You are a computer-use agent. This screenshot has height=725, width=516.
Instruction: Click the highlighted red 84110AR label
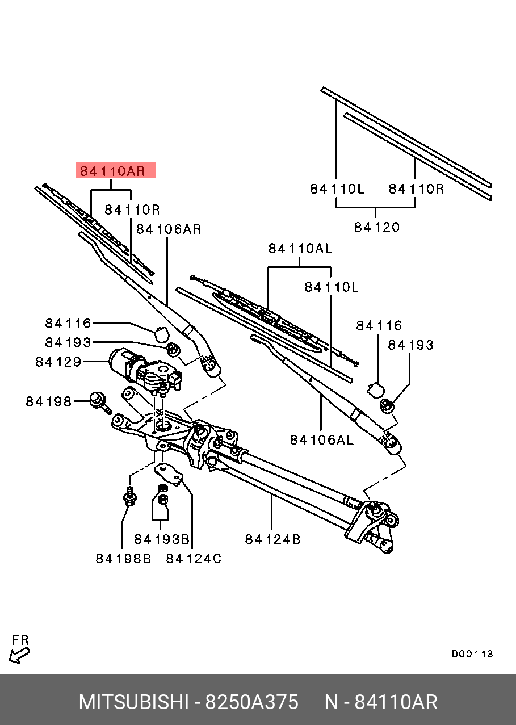click(115, 170)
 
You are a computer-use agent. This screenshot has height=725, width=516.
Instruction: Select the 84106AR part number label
click(169, 229)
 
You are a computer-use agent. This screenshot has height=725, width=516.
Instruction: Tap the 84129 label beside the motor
click(58, 362)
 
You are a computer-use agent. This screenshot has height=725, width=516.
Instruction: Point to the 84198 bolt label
click(49, 401)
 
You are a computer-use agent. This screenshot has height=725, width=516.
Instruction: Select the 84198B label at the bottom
click(123, 559)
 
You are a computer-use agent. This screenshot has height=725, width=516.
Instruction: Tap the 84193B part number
click(161, 539)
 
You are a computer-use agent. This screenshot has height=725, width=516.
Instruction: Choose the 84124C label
click(194, 559)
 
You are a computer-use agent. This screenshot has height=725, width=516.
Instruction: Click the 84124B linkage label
click(272, 539)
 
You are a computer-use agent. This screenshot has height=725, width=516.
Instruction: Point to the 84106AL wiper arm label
click(321, 439)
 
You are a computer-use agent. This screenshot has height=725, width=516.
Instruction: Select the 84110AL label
click(300, 248)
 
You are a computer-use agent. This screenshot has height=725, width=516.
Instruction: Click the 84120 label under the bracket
click(377, 227)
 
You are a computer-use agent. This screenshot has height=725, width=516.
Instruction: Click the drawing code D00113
click(472, 654)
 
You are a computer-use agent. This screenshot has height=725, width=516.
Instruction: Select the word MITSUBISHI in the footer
click(133, 702)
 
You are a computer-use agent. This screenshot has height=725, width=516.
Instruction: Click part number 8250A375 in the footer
click(251, 702)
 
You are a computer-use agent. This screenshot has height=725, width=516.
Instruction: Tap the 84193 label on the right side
click(410, 345)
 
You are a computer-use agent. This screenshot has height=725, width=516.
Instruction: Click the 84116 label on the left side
click(68, 323)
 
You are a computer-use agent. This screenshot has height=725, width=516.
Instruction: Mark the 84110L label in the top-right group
click(337, 188)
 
